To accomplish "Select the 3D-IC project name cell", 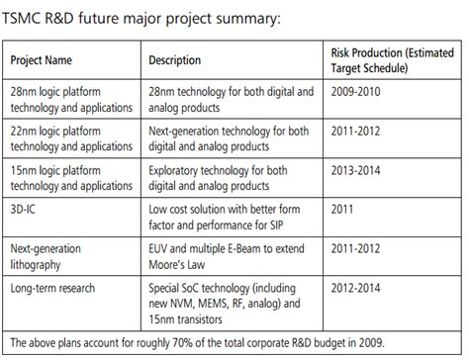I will point(26,211).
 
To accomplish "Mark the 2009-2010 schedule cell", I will point(357,91).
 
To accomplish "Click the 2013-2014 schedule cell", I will point(357,171).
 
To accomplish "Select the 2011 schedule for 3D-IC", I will point(342,211).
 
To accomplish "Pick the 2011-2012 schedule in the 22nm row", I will point(357,132).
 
